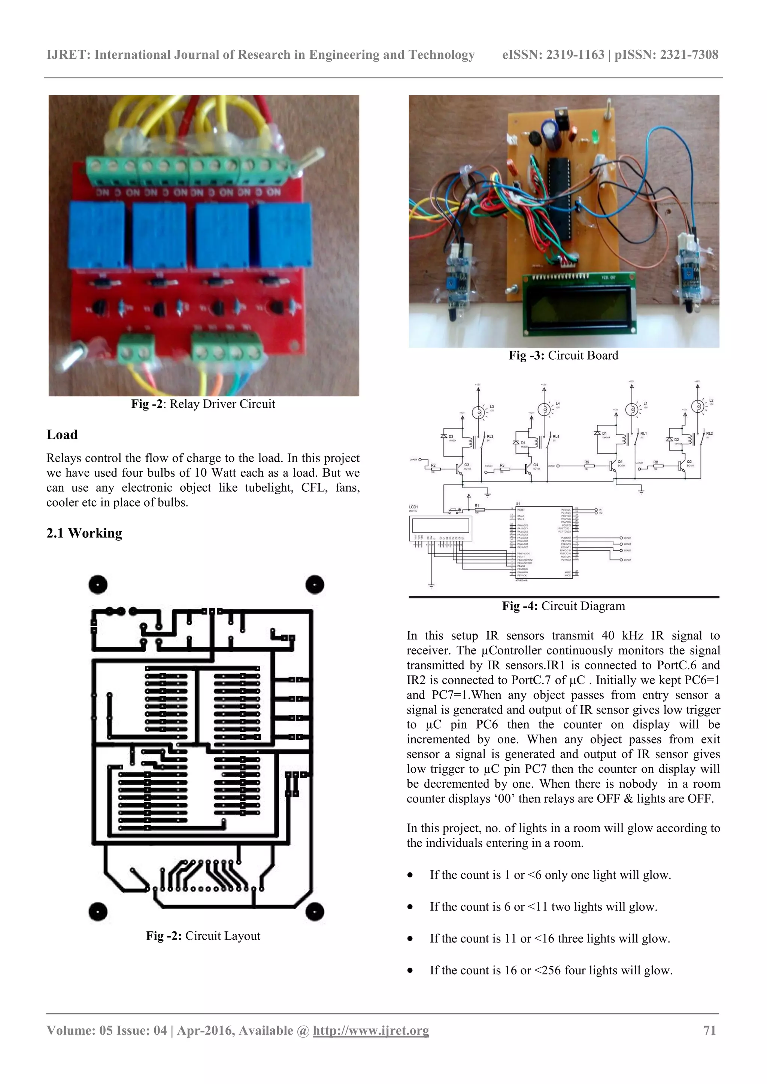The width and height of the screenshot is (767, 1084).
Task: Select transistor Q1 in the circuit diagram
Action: click(613, 465)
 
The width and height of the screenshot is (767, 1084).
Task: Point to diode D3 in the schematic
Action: click(444, 436)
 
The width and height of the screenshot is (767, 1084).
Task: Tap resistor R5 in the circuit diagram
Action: click(586, 466)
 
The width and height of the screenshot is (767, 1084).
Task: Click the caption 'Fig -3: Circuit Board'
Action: click(563, 355)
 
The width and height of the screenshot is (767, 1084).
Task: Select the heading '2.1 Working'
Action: click(84, 533)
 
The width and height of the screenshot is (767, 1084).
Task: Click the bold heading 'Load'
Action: click(62, 435)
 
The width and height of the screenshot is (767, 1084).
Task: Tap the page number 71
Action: click(709, 1030)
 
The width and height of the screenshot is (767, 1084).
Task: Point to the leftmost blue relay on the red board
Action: click(98, 234)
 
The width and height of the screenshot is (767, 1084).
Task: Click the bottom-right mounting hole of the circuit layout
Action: click(314, 911)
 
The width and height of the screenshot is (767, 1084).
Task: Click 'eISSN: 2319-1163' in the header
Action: click(553, 55)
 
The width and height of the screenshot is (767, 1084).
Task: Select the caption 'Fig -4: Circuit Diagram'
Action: click(563, 606)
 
